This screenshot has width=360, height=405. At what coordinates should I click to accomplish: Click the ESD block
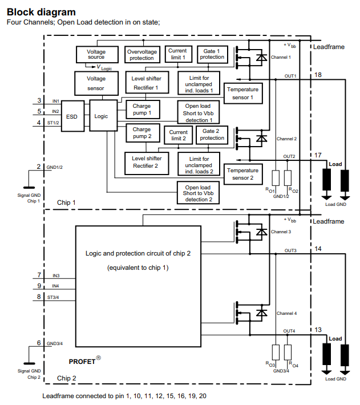(72, 116)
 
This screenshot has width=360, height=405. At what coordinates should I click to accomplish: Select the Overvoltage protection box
(141, 55)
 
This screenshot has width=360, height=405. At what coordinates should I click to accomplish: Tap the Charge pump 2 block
(141, 133)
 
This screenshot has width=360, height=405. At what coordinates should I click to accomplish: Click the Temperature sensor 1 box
(242, 94)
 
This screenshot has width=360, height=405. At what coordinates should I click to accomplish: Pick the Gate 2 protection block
(212, 134)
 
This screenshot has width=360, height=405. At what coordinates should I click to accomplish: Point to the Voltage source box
(96, 54)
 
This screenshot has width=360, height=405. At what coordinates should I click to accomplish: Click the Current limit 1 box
(177, 54)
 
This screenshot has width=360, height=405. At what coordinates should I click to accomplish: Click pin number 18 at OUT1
(318, 75)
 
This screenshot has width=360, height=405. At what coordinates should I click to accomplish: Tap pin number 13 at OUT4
(318, 330)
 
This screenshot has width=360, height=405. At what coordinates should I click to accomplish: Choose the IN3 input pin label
(56, 276)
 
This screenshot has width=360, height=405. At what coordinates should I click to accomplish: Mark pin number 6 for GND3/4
(39, 343)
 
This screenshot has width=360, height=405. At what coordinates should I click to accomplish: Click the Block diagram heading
(41, 11)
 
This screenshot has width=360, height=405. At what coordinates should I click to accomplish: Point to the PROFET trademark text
(84, 361)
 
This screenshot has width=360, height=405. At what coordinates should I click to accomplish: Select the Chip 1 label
(66, 202)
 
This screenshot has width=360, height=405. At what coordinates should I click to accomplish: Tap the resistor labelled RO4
(288, 352)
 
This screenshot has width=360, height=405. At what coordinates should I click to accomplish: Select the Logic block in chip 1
(101, 116)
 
